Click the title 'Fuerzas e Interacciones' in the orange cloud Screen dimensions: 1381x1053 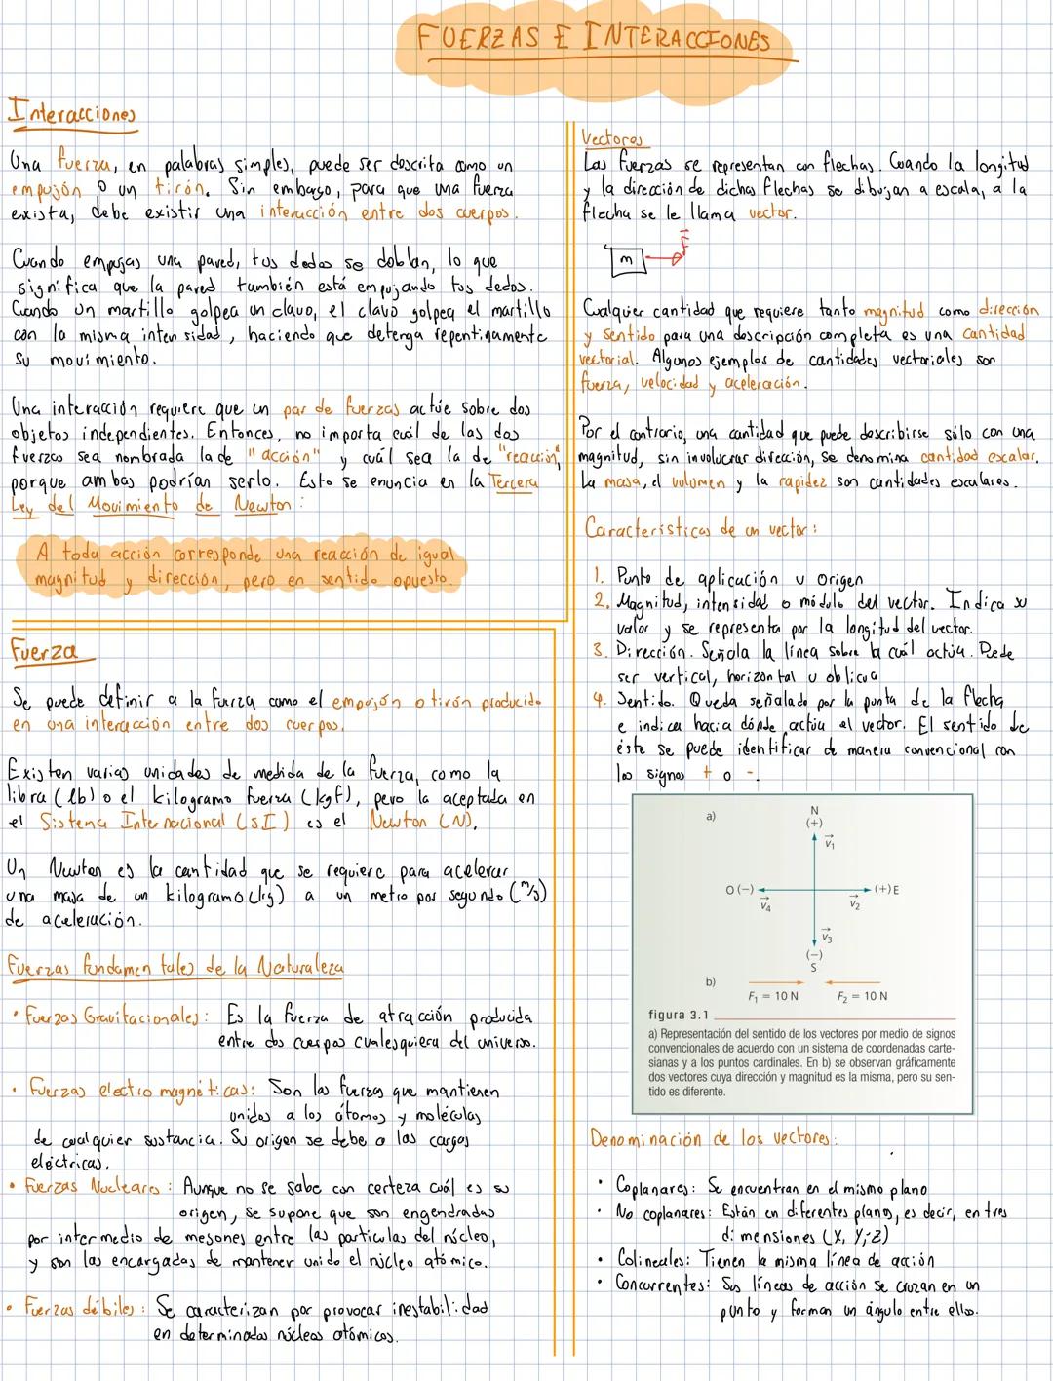click(593, 40)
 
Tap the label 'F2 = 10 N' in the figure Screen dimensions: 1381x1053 click(862, 996)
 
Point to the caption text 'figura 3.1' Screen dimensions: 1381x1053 click(678, 1014)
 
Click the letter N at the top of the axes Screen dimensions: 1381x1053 click(813, 810)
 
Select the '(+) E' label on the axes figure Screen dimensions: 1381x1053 click(886, 889)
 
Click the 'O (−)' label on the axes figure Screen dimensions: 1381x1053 click(740, 889)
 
